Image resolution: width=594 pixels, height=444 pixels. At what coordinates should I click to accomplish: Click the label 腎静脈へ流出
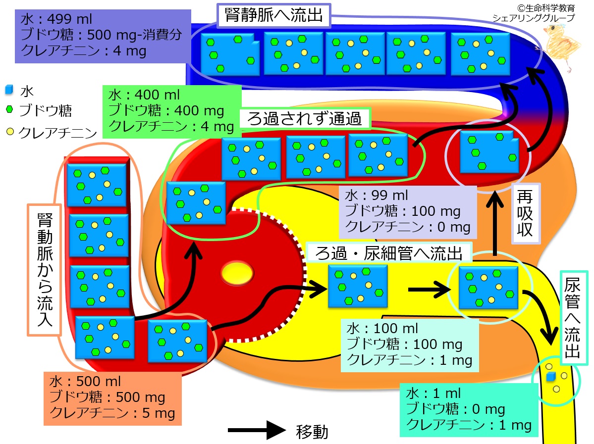pos(273,15)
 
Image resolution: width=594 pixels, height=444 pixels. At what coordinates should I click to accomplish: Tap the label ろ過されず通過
pos(304,119)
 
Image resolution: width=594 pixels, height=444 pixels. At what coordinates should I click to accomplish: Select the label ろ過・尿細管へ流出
pos(389,253)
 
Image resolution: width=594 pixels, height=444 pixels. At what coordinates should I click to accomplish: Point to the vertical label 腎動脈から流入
pos(45,269)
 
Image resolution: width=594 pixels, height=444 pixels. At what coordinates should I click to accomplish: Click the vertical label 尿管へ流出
pos(572,318)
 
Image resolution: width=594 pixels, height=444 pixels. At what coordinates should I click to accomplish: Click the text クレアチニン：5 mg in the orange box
pos(112,413)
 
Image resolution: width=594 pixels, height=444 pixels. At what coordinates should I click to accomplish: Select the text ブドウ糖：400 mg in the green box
pos(166,110)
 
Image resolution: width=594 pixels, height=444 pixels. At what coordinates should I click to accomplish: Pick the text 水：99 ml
pos(376,196)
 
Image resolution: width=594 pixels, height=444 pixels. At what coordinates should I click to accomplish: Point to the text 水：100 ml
pos(382,328)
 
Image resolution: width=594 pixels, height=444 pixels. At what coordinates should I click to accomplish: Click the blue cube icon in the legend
pos(9,90)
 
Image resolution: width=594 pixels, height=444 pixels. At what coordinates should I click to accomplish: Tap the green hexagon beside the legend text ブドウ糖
pos(9,109)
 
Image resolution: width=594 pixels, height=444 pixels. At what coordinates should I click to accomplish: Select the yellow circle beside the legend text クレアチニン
pos(10,131)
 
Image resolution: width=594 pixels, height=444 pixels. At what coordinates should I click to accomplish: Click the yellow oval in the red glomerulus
pos(237,273)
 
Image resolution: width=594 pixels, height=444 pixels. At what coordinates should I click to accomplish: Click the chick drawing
pos(559,46)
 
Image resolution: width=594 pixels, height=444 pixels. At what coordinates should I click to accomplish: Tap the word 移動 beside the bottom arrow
pos(312,432)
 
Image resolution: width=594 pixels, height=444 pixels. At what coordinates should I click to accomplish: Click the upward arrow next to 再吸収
pos(495,223)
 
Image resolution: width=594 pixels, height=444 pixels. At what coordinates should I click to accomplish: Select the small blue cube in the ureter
pos(550,377)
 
